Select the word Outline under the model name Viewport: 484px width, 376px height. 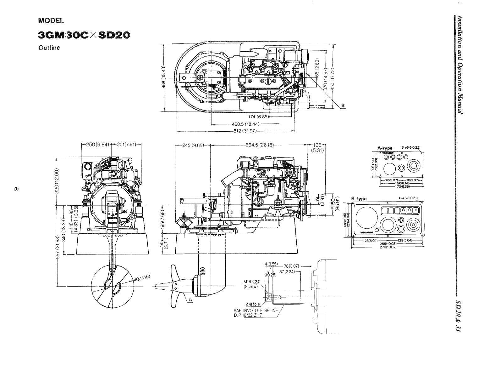[49, 48]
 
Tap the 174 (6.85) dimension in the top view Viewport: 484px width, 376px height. [257, 117]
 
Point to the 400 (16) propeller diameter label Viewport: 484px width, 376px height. [143, 277]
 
